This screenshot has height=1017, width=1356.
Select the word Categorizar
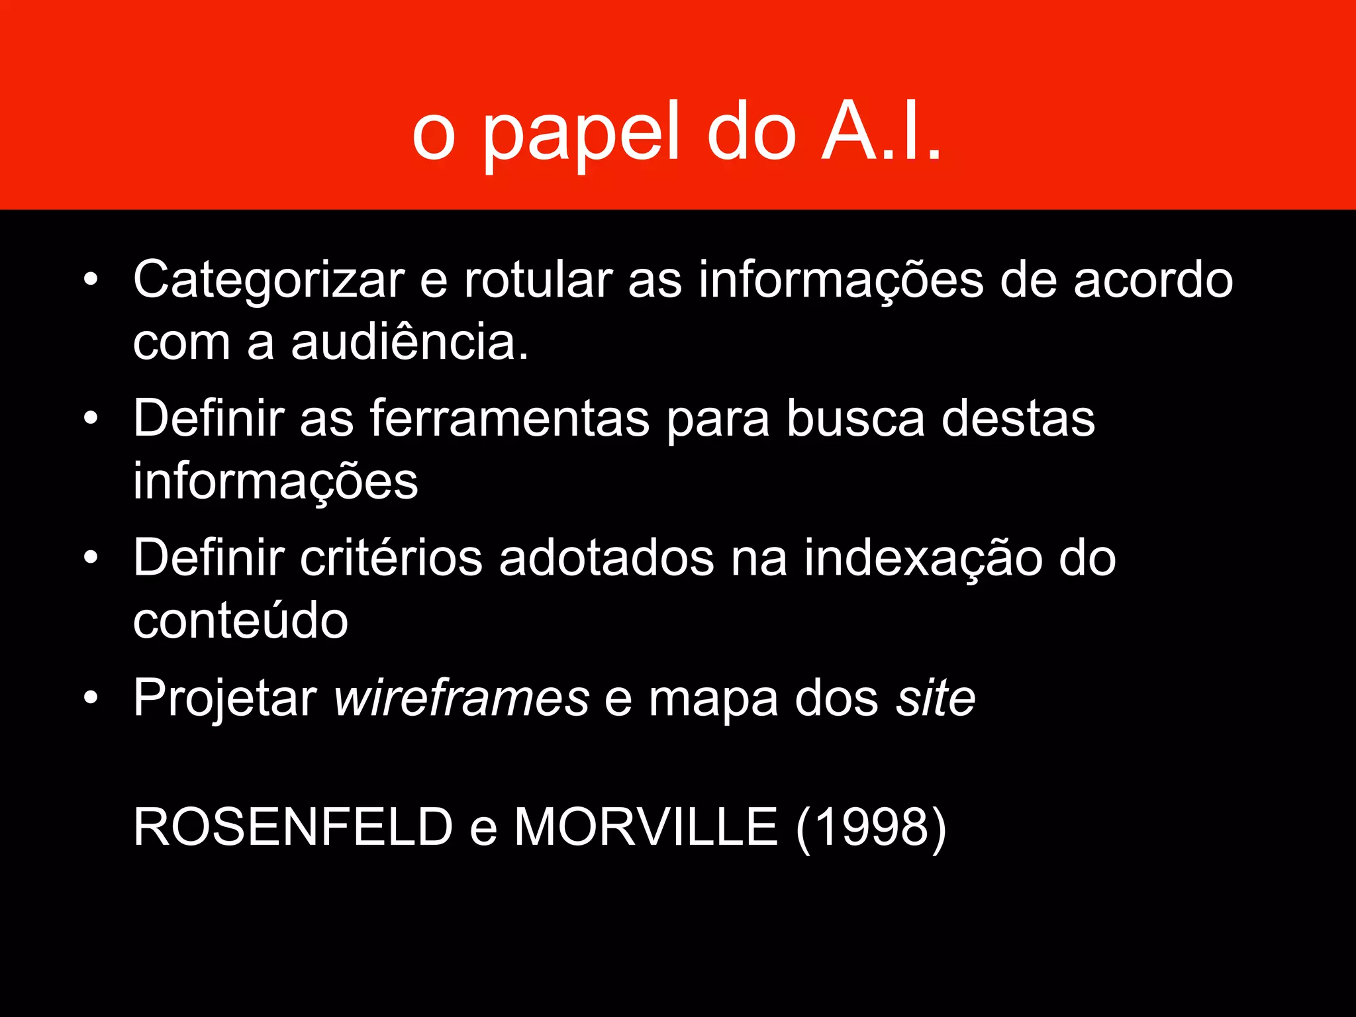pyautogui.click(x=269, y=280)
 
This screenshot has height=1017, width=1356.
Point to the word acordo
pyautogui.click(x=1153, y=280)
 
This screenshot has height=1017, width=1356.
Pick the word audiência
pyautogui.click(x=410, y=342)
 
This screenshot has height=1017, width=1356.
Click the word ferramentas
pyautogui.click(x=509, y=419)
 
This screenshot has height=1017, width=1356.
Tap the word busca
pyautogui.click(x=855, y=419)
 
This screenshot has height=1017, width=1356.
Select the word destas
pyautogui.click(x=1018, y=419)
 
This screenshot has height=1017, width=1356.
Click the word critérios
pyautogui.click(x=391, y=558)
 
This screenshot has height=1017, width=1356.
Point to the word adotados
pyautogui.click(x=606, y=558)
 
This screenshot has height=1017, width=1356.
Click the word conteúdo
pyautogui.click(x=240, y=620)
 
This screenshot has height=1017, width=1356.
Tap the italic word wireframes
pyautogui.click(x=461, y=698)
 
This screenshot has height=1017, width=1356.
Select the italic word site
pyautogui.click(x=936, y=698)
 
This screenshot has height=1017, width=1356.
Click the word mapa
pyautogui.click(x=713, y=698)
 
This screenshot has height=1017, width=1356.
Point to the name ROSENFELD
pyautogui.click(x=293, y=827)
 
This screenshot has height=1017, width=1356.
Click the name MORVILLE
pyautogui.click(x=646, y=827)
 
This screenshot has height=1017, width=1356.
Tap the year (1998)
pyautogui.click(x=871, y=827)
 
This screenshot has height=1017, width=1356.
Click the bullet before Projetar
pyautogui.click(x=91, y=698)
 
